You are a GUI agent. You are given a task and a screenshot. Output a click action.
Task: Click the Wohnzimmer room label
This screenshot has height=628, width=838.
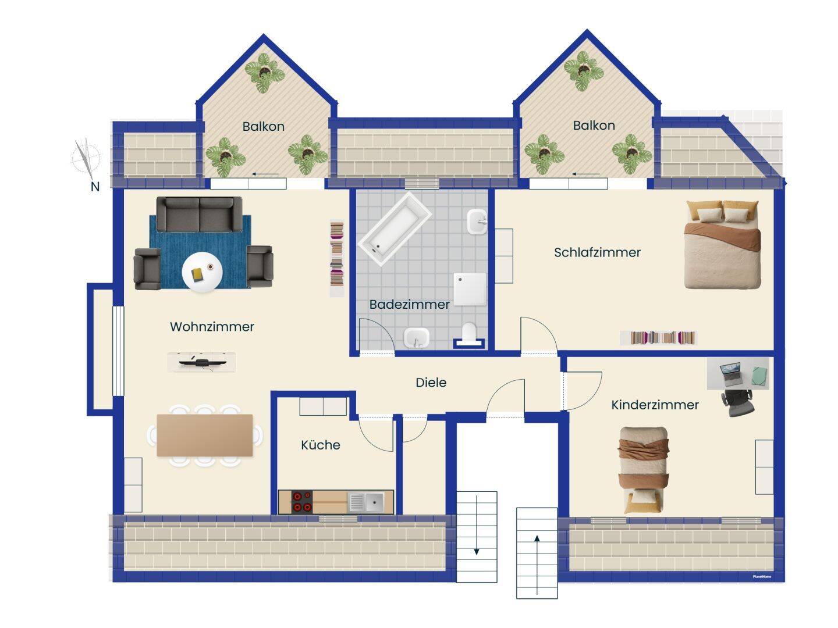[212, 326]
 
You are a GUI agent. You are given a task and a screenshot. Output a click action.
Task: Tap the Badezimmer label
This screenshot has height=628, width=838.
[409, 304]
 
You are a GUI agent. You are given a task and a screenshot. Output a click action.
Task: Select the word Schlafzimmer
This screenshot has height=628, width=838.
[597, 252]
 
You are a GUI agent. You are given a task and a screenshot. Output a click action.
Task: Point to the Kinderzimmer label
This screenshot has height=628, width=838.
[655, 405]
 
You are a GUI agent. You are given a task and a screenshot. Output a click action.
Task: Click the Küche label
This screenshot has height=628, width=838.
[320, 445]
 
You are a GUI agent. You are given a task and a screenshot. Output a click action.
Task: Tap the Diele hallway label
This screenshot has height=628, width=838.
[431, 383]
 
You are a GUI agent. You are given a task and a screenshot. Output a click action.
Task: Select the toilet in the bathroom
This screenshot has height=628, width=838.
[469, 334]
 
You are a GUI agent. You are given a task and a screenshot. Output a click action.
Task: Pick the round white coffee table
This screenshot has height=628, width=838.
[202, 272]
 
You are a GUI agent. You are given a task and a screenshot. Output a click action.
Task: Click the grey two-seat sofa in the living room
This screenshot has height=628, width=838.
[199, 215]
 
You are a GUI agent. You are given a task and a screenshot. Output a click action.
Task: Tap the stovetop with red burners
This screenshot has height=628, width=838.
[302, 501]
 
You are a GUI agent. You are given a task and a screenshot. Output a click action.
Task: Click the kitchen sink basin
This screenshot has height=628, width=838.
[374, 502]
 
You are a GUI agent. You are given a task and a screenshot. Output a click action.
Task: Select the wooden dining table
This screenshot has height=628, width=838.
[205, 436]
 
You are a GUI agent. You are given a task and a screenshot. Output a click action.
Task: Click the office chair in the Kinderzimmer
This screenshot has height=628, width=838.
[738, 403]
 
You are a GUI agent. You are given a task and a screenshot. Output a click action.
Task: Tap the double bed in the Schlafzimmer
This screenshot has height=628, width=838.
[722, 244]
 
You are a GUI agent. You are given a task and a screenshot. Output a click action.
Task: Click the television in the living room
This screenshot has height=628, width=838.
[201, 362]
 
